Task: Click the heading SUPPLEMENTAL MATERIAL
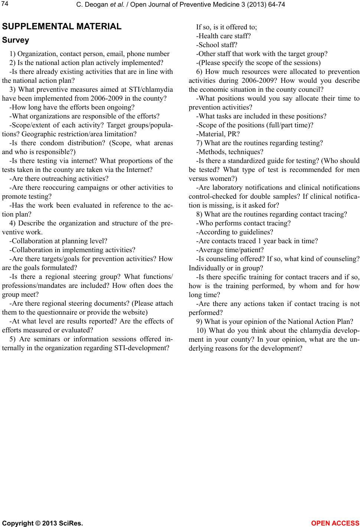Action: (62, 27)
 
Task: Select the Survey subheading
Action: (16, 40)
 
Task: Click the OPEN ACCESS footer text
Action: (335, 523)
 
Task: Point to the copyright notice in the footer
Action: (42, 523)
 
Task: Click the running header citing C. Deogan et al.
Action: (180, 4)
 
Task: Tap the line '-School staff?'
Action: (217, 45)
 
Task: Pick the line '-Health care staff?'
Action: (223, 36)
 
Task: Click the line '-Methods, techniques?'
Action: (230, 152)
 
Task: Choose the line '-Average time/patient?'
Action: (230, 250)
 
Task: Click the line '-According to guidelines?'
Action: (235, 232)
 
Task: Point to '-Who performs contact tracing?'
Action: (243, 223)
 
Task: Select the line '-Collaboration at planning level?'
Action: (58, 241)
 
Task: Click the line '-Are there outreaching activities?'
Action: (59, 179)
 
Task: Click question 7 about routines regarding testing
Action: (259, 143)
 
